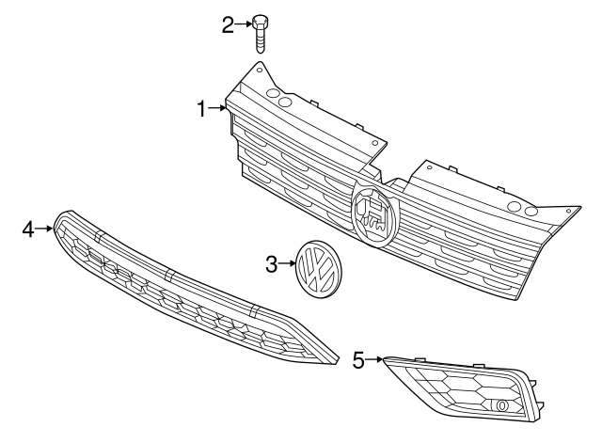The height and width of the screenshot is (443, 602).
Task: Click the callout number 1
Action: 201,109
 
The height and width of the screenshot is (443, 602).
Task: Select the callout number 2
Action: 228,24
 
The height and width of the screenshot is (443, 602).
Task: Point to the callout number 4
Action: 28,229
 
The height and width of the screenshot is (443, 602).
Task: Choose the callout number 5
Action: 358,358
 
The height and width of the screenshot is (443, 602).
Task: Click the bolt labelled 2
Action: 261,34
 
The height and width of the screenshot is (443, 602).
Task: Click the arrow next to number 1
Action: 219,109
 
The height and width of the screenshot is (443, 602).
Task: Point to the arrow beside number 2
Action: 244,24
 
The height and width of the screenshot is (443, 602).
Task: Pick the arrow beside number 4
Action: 44,229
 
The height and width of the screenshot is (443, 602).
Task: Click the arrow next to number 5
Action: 373,358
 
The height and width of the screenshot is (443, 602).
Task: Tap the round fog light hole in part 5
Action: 502,405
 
